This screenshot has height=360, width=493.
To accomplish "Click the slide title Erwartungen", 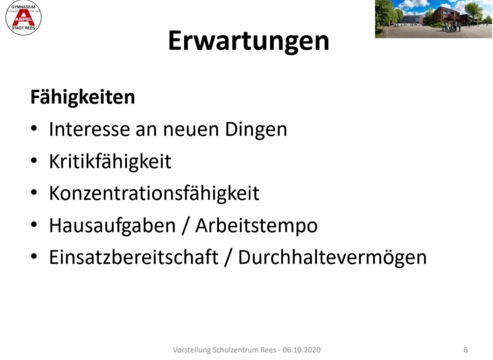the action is pos(248,41).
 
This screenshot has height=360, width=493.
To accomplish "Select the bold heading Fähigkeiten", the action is pos(83,97).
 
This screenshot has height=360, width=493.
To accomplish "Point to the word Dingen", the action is pos(256,130).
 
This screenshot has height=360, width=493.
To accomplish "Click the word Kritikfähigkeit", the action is pos(110,162).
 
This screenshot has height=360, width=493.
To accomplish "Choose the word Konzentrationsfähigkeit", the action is pos(154,193).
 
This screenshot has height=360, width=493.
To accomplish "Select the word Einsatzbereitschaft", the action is pos(134,257).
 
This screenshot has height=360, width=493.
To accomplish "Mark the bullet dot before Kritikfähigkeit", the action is pos(34,160).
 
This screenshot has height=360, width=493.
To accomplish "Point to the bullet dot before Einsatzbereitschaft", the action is pos(34,256).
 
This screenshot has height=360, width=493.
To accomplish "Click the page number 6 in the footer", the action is pos(466,350).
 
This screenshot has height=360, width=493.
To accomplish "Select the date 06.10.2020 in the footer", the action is pos(302,350).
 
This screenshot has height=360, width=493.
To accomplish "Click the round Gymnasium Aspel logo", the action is pos(24,18).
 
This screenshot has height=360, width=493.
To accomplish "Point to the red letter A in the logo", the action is pos(24,17).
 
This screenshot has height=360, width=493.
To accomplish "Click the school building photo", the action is pos(434,19).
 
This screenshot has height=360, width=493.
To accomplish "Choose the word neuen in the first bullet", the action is pos(191,130).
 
